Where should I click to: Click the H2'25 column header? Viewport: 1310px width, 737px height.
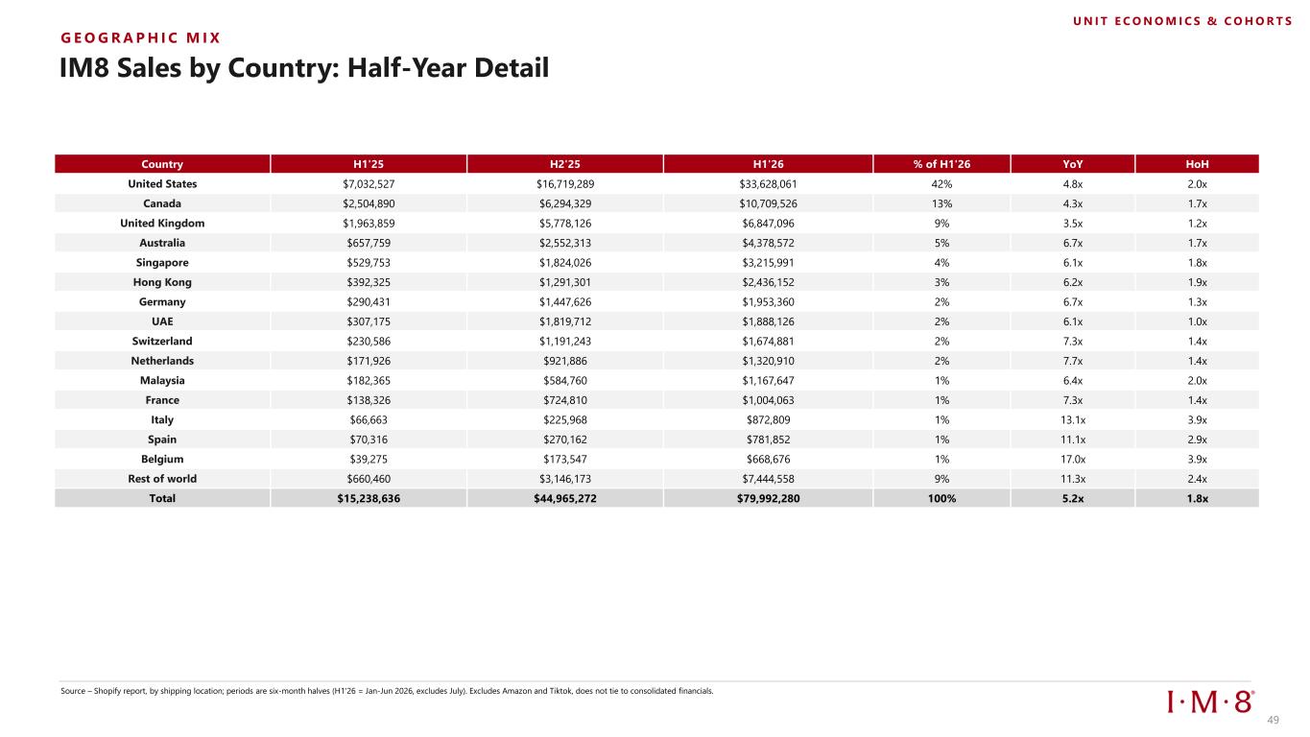(x=565, y=164)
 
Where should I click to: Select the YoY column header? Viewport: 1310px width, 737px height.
(x=1073, y=164)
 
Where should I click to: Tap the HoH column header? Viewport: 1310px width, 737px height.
(x=1197, y=164)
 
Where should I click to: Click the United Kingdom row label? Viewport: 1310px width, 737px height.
(x=162, y=223)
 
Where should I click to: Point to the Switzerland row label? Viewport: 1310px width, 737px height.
(x=162, y=341)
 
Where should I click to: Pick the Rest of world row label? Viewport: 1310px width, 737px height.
(x=162, y=479)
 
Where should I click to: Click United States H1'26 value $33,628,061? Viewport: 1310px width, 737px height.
(x=768, y=183)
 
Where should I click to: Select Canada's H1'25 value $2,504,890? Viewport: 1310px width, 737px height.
(x=369, y=203)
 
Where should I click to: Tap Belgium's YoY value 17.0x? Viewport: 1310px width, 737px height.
(x=1073, y=459)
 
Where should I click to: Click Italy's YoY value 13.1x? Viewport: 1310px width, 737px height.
(x=1073, y=420)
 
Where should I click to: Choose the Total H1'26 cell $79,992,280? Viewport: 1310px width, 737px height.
(x=768, y=498)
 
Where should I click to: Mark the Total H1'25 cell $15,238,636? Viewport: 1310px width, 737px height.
(x=369, y=498)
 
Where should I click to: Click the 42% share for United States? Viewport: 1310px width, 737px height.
(x=941, y=183)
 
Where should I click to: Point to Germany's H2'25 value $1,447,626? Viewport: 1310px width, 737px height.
(x=565, y=302)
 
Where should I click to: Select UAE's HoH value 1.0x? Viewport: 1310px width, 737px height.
(x=1197, y=321)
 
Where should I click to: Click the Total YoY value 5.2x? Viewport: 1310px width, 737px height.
(x=1073, y=498)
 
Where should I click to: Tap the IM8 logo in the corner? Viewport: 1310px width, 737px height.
(x=1210, y=701)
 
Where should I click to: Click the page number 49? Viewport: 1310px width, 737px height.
(x=1273, y=720)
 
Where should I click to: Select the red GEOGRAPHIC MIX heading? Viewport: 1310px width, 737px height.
(x=140, y=38)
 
